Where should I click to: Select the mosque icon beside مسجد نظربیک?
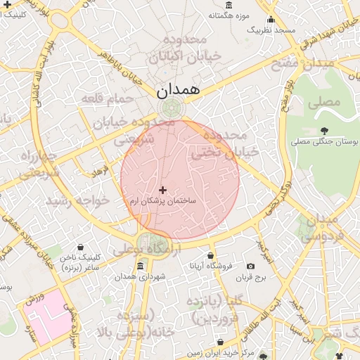[271, 20]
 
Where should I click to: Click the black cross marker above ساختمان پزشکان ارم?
[163, 190]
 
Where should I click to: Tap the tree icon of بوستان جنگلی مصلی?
[324, 131]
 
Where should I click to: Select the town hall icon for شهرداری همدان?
[141, 266]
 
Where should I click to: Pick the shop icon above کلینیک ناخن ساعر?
[82, 247]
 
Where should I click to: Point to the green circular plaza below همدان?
[171, 109]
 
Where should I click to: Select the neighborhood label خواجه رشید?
[78, 201]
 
